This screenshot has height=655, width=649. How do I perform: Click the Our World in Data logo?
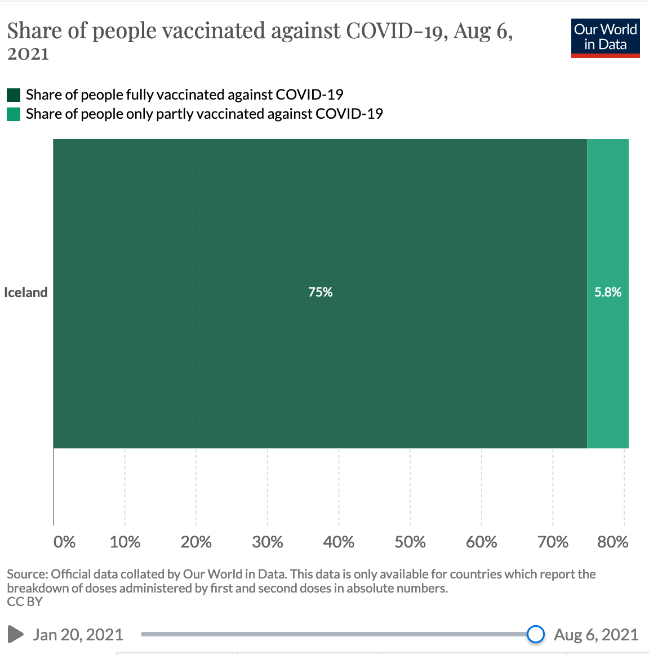click(x=605, y=38)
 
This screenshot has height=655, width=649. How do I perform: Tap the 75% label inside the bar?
click(x=320, y=292)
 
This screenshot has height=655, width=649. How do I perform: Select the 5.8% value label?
click(x=608, y=292)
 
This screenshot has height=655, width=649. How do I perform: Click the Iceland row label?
click(x=26, y=293)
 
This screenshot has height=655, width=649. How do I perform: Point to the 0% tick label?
click(x=64, y=542)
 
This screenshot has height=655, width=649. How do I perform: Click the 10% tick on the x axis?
click(x=125, y=542)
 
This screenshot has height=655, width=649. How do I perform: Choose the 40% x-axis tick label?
click(x=339, y=542)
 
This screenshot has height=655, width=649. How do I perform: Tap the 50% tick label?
click(x=410, y=542)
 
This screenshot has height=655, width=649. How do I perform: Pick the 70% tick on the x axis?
click(x=553, y=542)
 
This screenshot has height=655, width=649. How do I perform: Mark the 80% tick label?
click(x=612, y=542)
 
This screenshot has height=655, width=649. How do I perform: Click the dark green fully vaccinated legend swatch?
click(x=14, y=95)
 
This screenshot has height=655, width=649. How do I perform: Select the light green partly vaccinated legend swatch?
click(x=14, y=114)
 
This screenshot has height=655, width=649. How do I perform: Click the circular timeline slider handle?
click(x=536, y=634)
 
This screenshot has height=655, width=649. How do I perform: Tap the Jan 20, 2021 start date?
click(x=78, y=635)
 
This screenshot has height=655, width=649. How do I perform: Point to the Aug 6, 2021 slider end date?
click(x=596, y=635)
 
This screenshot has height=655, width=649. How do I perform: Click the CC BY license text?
click(x=25, y=602)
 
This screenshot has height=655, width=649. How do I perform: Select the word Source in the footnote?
click(x=26, y=575)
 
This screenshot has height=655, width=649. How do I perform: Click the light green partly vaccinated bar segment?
click(x=608, y=366)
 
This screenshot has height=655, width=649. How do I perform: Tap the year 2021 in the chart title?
click(x=28, y=54)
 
